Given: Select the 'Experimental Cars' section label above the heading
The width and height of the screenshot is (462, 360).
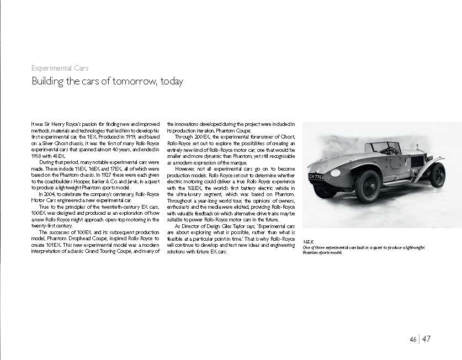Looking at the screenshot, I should tap(60, 68).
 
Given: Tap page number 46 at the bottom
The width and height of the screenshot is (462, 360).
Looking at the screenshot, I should tap(413, 339).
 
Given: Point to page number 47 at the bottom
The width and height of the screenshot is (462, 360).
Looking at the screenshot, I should tap(427, 339).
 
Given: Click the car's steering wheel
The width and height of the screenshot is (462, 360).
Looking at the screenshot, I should tap(390, 150).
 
